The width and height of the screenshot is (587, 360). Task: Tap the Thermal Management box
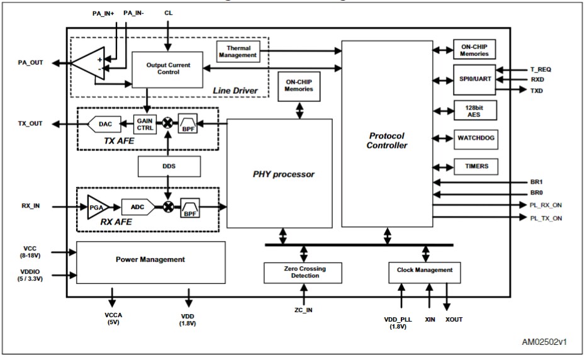click(238, 51)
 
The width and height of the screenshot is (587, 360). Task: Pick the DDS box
click(169, 166)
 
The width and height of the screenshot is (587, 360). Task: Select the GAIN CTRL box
click(144, 123)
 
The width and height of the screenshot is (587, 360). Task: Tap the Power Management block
click(150, 259)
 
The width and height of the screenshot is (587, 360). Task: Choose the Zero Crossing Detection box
click(304, 272)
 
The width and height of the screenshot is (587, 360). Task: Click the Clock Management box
click(425, 271)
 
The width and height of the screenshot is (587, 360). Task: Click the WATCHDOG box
click(476, 139)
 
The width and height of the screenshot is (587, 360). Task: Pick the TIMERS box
click(476, 167)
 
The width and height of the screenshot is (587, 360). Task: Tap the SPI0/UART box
click(474, 80)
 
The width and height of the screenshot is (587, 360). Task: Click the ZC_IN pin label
click(303, 310)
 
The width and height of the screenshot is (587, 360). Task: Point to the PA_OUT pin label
click(31, 62)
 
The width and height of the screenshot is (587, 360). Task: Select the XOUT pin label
click(454, 320)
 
